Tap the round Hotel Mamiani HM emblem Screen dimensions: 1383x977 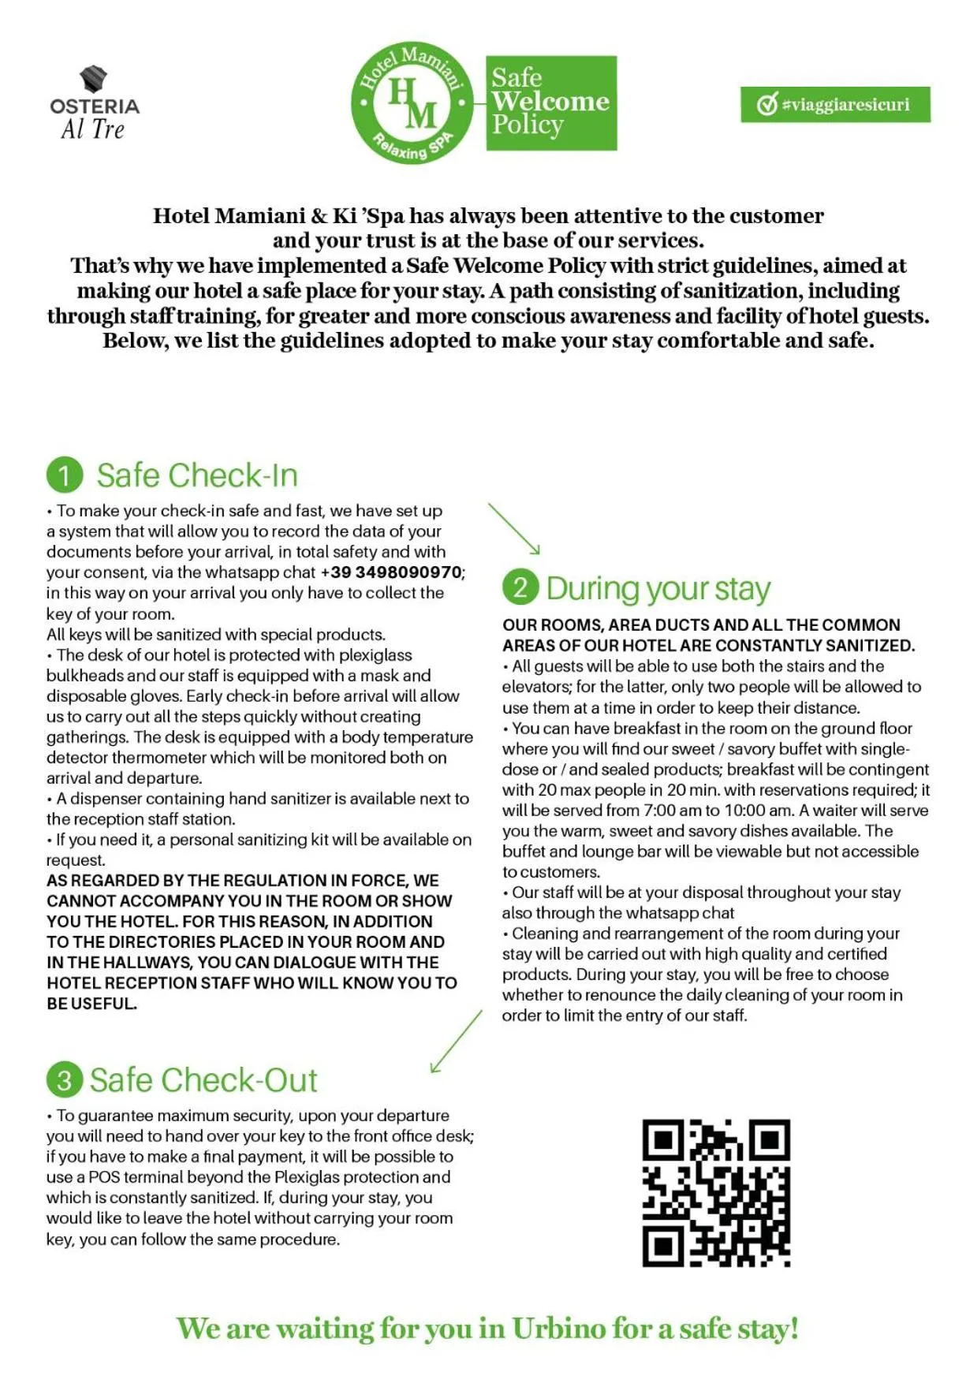point(412,103)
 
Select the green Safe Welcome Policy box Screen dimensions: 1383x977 point(550,103)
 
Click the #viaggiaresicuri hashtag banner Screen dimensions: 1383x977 point(834,105)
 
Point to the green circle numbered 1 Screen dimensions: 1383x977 point(65,475)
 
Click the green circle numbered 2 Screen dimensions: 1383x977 point(520,588)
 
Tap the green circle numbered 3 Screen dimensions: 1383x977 point(64,1080)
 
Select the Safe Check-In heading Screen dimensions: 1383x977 point(196,475)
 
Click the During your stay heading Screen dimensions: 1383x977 point(658,589)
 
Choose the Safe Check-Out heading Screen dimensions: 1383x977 point(203,1080)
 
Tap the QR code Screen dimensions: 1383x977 point(715,1192)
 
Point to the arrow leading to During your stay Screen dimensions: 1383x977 point(514,529)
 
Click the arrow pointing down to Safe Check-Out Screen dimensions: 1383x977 point(456,1042)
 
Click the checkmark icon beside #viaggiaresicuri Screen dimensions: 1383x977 point(766,105)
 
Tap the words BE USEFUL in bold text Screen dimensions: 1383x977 point(91,1004)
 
